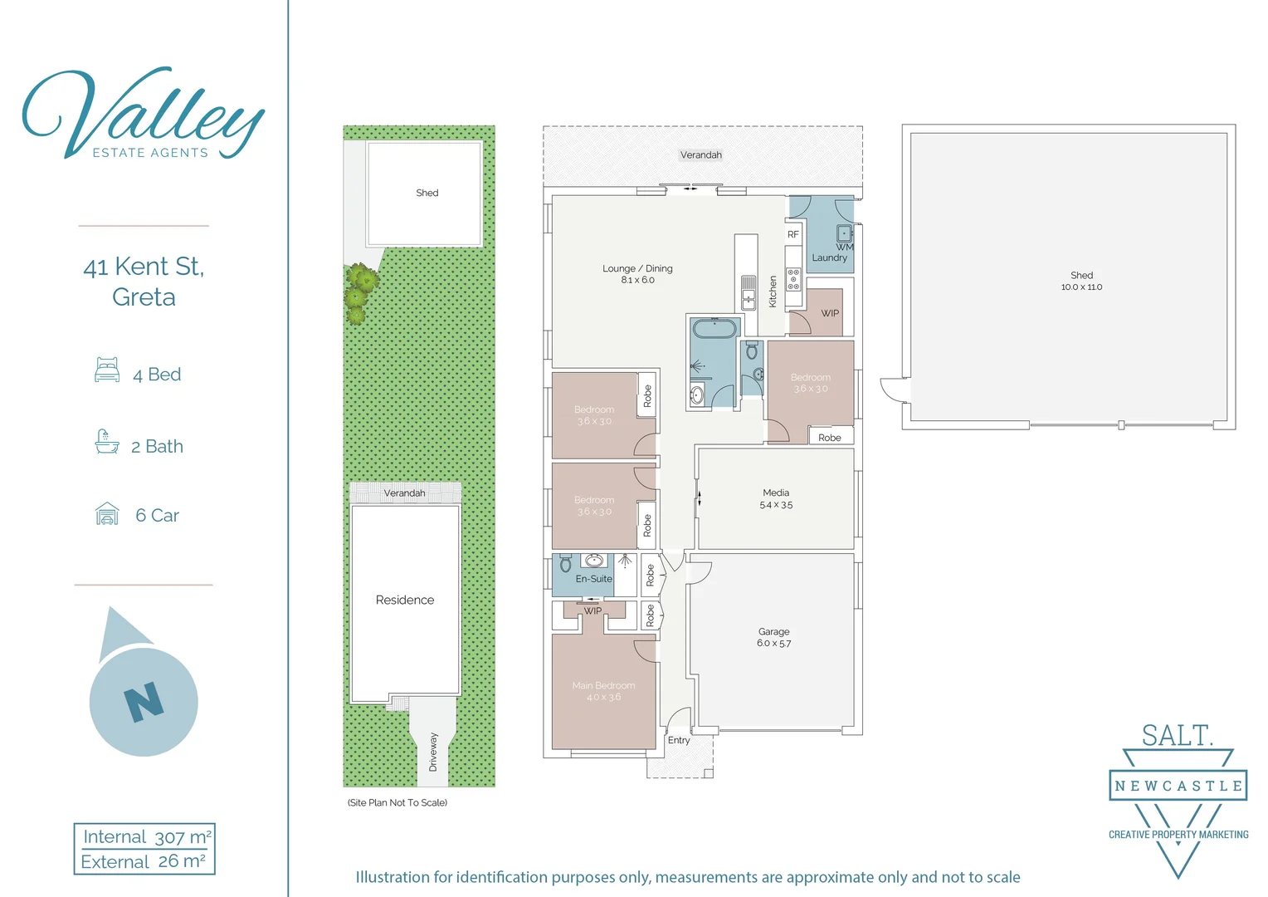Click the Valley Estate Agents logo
click(143, 114)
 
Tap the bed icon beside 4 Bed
click(107, 370)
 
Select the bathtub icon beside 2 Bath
click(107, 442)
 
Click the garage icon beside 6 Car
click(107, 514)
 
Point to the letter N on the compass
click(144, 702)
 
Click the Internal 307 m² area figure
click(146, 837)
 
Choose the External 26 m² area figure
click(143, 862)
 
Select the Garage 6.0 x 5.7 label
click(773, 637)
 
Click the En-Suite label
click(593, 579)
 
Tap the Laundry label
click(829, 258)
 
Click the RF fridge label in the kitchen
click(793, 235)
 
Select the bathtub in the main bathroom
click(714, 329)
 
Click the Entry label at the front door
click(679, 740)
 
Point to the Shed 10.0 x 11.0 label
click(1081, 281)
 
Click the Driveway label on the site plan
click(432, 752)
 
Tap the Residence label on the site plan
click(405, 600)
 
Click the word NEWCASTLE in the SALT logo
click(1178, 786)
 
